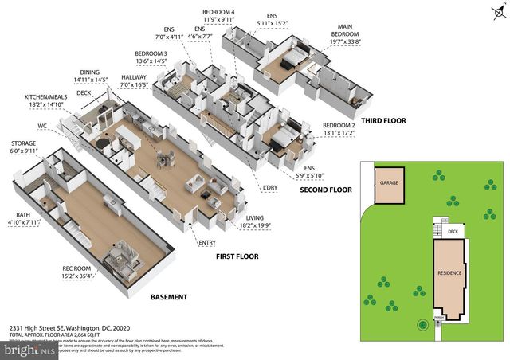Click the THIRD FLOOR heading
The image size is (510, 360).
(384, 121)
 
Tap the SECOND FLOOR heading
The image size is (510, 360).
(325, 190)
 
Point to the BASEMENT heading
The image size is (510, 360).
(168, 297)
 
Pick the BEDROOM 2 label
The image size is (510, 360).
(339, 127)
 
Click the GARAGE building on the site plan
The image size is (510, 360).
(389, 182)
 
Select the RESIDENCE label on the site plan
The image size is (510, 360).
(450, 272)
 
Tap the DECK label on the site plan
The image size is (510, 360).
(452, 233)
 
